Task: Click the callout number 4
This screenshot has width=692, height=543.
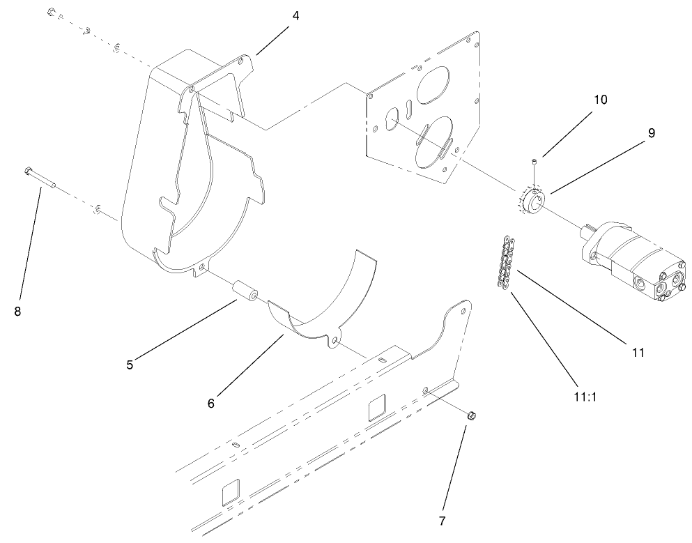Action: pyautogui.click(x=295, y=15)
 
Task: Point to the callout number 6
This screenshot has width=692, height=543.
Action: pyautogui.click(x=211, y=402)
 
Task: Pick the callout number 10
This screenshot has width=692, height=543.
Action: pyautogui.click(x=600, y=100)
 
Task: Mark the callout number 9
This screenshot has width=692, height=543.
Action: pyautogui.click(x=651, y=132)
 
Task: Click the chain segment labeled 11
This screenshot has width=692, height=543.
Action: pyautogui.click(x=505, y=261)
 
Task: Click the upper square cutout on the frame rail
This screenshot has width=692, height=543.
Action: pyautogui.click(x=378, y=406)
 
